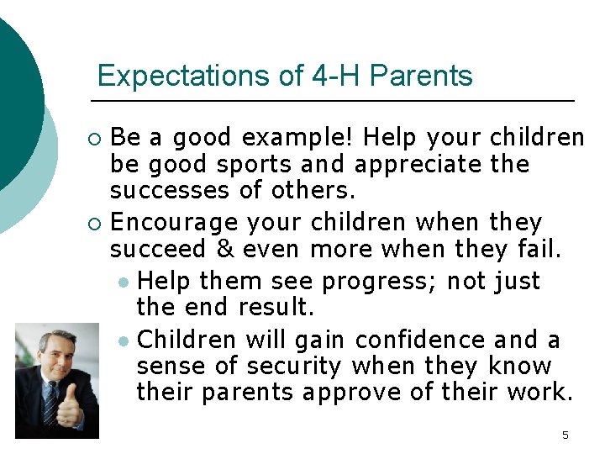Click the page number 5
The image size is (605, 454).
[x=565, y=435]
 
